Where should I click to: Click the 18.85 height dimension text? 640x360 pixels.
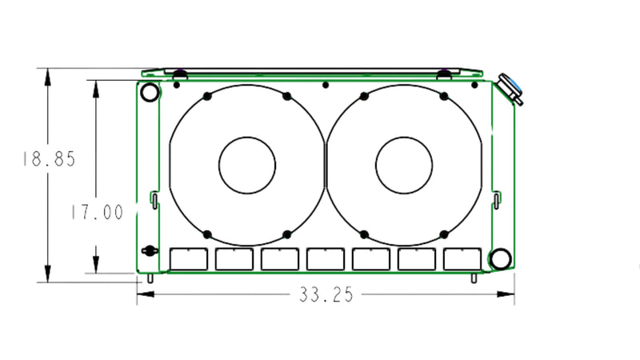coord(49,159)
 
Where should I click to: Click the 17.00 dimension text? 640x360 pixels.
coord(96,212)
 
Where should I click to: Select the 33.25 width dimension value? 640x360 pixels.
coord(326,295)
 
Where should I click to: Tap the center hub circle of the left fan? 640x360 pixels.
coord(247,164)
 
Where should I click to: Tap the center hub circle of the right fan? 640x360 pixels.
coord(404,164)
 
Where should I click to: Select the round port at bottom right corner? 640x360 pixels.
coord(500,258)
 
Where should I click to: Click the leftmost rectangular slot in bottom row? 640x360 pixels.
coord(190,258)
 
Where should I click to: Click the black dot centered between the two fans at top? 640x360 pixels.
coord(325,84)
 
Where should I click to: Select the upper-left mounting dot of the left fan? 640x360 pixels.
coord(207,96)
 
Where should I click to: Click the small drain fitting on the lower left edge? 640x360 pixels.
coord(146,250)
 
